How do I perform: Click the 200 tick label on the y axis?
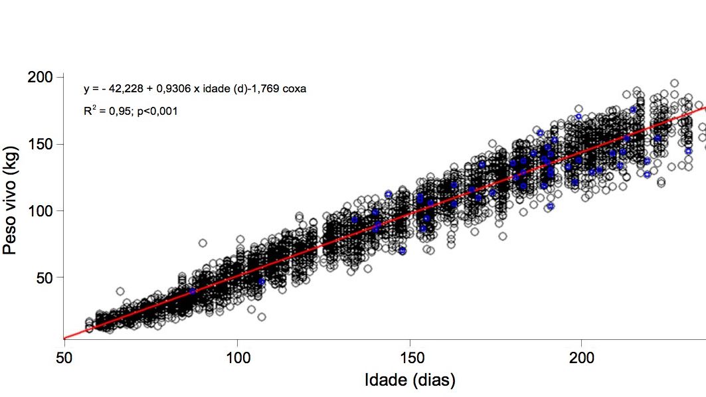point(41,78)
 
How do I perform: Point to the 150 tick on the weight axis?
point(41,144)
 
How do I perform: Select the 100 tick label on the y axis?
point(41,210)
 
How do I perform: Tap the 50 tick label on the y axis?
point(45,277)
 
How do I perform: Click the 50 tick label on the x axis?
point(64,357)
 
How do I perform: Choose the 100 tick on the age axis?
point(238,357)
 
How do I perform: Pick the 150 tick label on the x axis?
point(410,357)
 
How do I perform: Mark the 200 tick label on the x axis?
point(582,357)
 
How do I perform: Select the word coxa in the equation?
point(295,89)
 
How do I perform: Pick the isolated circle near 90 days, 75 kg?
point(203,243)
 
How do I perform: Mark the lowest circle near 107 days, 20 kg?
point(262,317)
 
